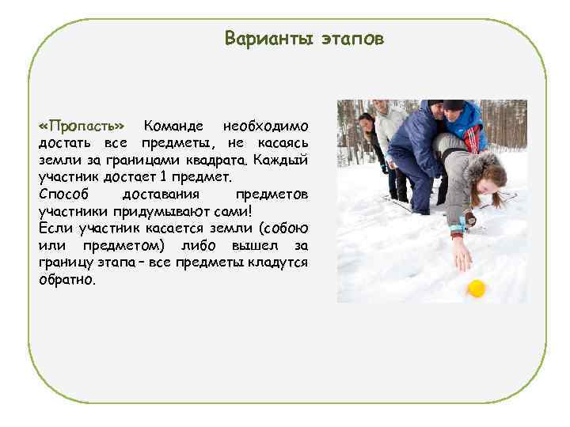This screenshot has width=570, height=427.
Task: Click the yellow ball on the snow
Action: [476, 289]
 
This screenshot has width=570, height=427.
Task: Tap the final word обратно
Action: [66, 280]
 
